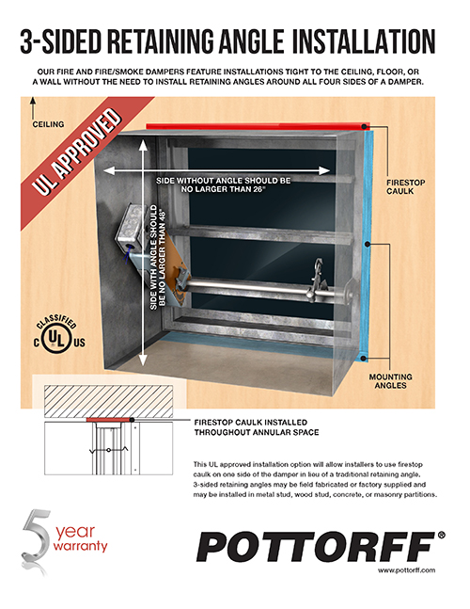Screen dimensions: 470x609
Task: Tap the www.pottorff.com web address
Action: coord(406,570)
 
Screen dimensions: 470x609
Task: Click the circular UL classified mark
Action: coord(58,338)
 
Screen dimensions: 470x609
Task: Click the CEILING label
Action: coord(48,124)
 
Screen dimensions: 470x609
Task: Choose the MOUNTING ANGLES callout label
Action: coord(390,381)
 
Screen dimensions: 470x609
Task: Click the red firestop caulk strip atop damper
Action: coord(258,127)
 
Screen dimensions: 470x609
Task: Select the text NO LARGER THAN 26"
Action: coord(224,189)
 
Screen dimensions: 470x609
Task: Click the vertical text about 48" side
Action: coord(158,257)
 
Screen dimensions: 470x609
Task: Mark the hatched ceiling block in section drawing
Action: coord(109,401)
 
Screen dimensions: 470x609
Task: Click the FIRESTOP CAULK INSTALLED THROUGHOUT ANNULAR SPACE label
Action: coord(257,427)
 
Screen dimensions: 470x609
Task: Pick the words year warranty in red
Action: coord(80,537)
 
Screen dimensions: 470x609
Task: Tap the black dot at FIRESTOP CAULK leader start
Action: coord(364,127)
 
